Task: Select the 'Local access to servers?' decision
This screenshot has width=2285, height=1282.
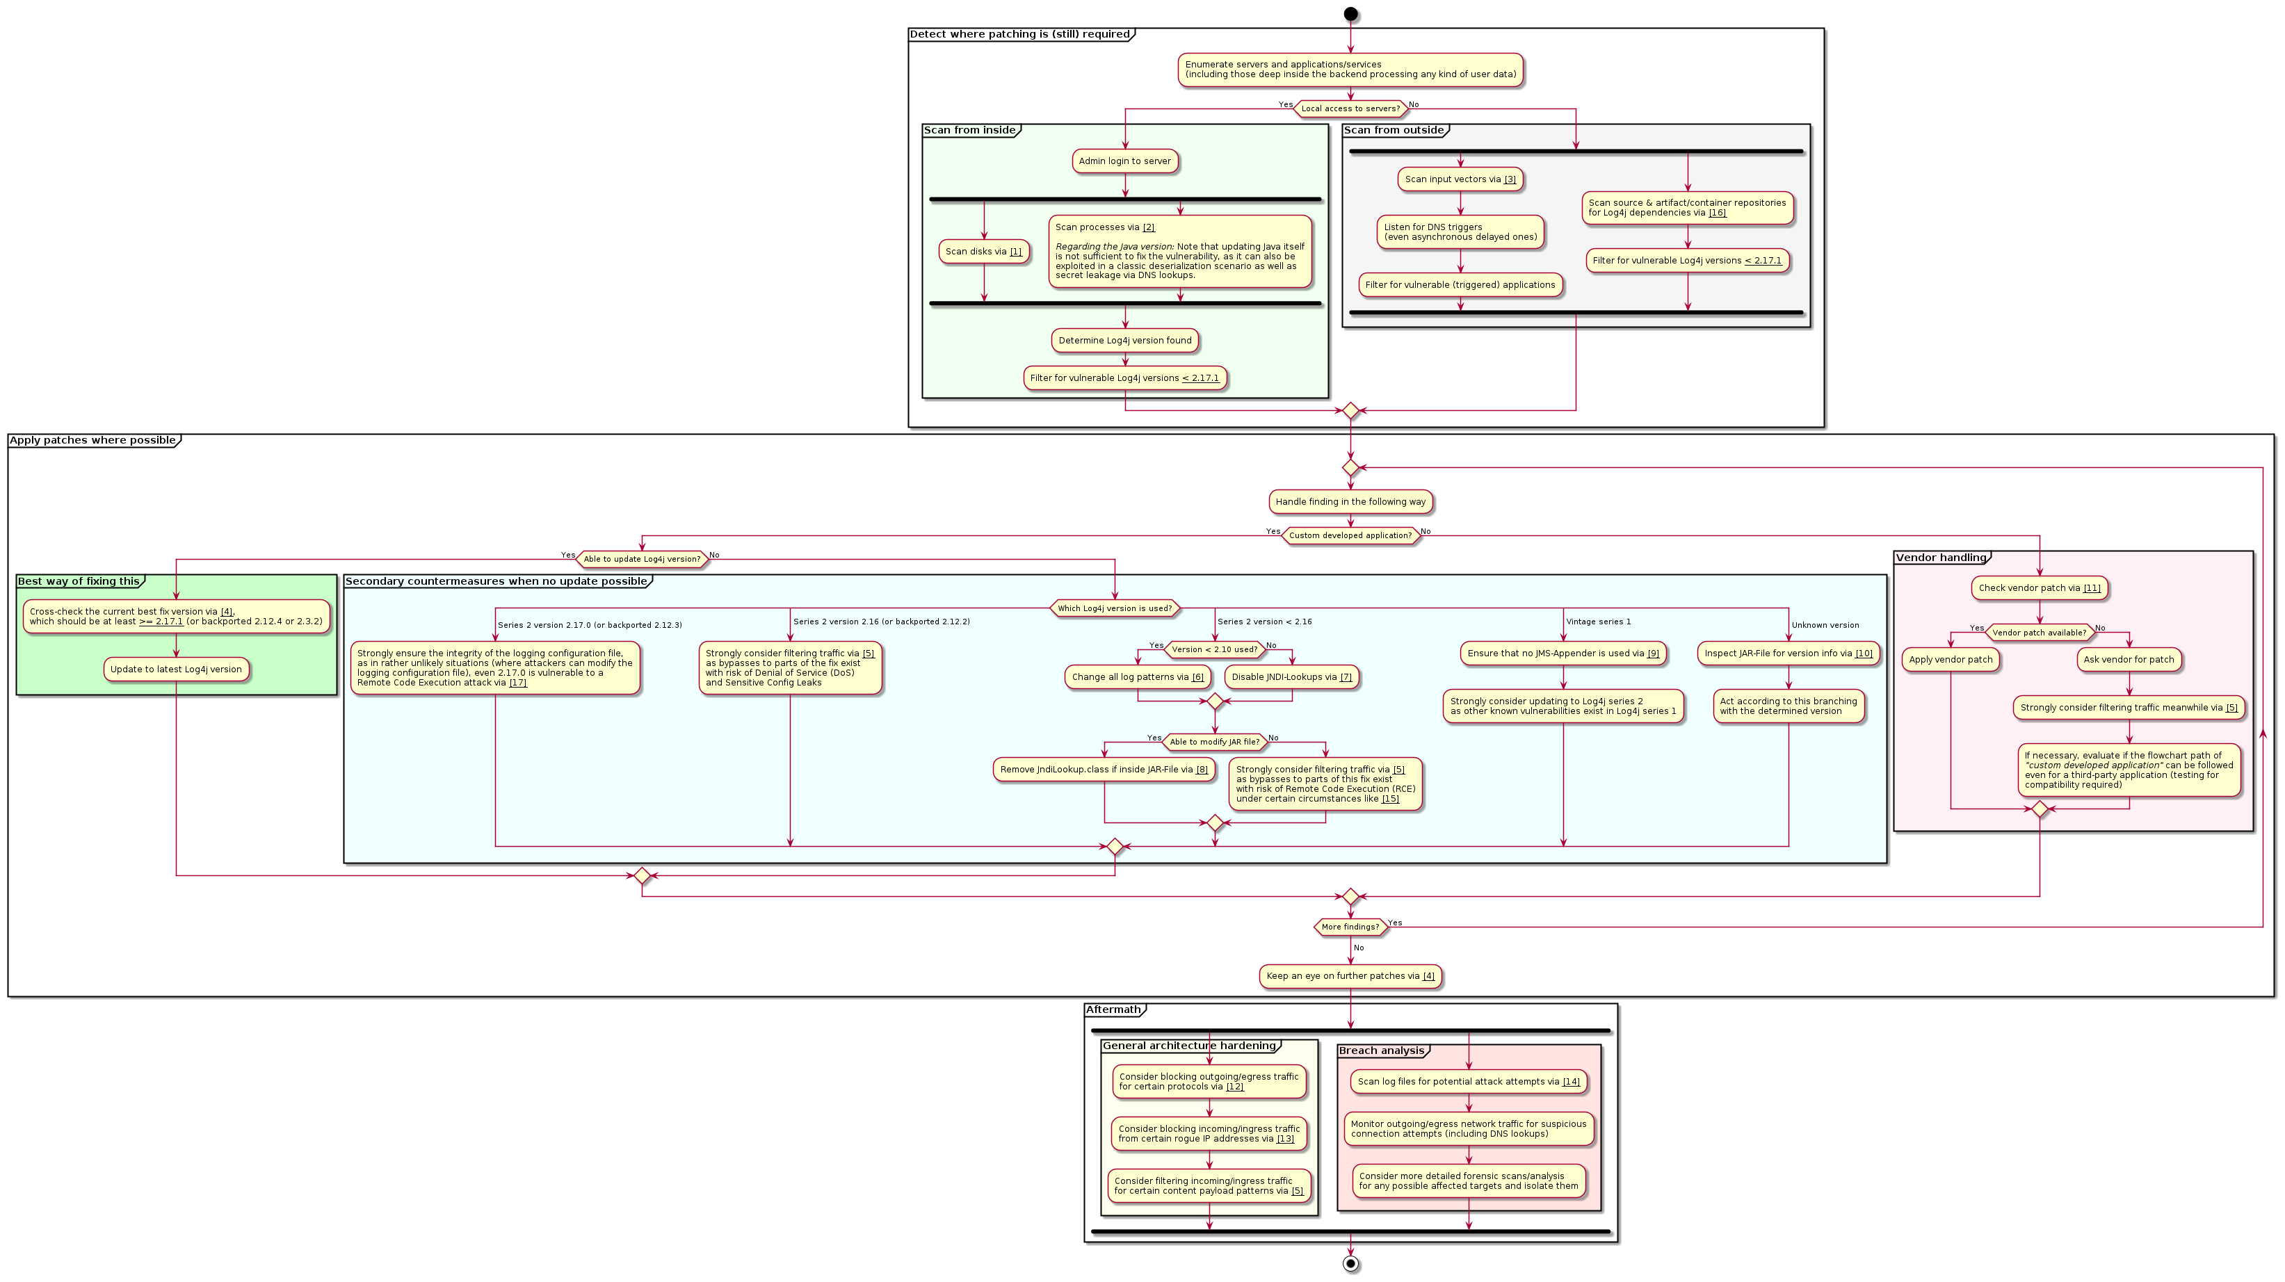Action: (1350, 109)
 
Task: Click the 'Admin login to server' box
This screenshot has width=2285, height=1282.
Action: (1124, 161)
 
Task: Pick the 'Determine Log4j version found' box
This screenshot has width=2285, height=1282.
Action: (1124, 341)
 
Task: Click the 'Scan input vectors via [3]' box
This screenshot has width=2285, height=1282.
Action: (1460, 179)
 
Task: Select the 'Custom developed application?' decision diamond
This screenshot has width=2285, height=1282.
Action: (1350, 535)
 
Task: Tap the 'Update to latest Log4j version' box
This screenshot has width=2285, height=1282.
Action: (176, 670)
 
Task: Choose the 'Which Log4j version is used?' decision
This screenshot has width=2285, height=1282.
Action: (1114, 608)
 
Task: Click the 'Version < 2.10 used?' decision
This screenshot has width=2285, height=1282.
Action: (1214, 650)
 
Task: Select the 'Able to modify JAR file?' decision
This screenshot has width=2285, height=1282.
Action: (1214, 742)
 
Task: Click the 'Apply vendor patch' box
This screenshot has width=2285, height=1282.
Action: (1950, 660)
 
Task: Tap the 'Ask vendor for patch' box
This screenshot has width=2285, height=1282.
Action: (2128, 660)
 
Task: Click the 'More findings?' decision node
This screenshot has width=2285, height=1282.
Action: (1350, 927)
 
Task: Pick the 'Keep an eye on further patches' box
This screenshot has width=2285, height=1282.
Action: (1350, 976)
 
